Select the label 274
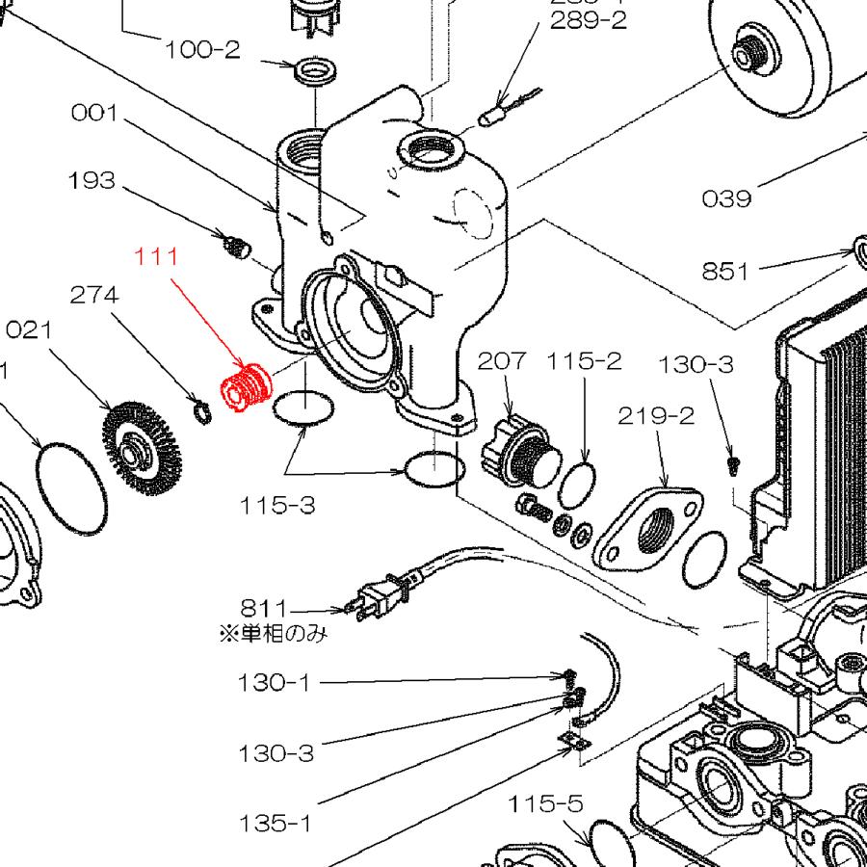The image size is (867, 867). (x=94, y=295)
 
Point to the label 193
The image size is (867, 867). (x=92, y=180)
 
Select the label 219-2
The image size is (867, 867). (x=655, y=415)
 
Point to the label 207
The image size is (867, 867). (x=502, y=361)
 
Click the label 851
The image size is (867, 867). (x=724, y=271)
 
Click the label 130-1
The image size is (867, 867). (x=276, y=683)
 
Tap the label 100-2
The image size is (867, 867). (x=201, y=49)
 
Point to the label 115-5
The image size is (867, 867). (x=546, y=802)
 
